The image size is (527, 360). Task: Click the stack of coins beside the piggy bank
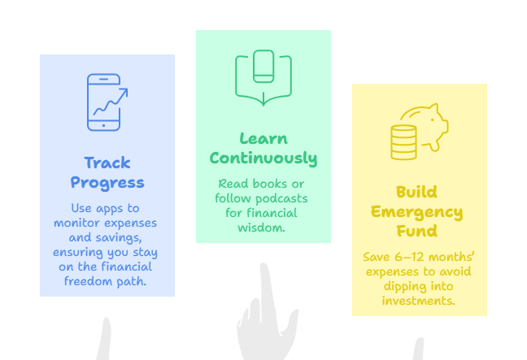pos(403,142)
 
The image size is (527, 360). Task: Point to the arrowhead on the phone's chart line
pos(124,92)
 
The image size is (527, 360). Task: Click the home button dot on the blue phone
pos(103,126)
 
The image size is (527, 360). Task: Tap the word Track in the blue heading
pos(107,163)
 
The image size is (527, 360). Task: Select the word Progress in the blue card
pos(107,184)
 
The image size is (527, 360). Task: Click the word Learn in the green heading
pos(263,138)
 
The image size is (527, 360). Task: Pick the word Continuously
pos(263,158)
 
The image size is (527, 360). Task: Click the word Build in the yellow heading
pos(416,192)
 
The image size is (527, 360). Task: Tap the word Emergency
pos(416,212)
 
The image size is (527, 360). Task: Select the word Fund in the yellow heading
pos(416,231)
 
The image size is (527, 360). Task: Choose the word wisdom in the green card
pos(261,228)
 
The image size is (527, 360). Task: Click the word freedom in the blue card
pos(89,281)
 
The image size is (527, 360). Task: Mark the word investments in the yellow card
pos(419,301)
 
